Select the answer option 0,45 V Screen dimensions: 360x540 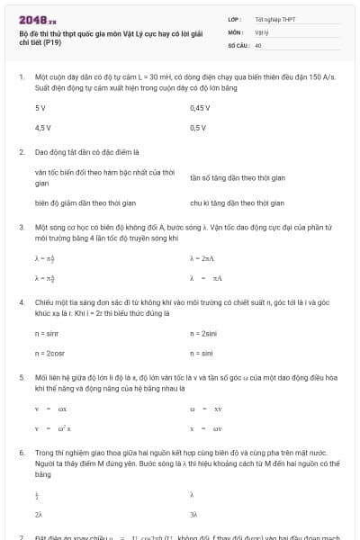pos(200,108)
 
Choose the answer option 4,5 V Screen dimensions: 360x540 pos(42,128)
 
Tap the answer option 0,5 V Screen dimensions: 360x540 pos(198,128)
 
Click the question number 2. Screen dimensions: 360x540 pos(21,152)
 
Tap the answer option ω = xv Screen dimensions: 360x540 pos(206,409)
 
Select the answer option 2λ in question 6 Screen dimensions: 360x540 pos(39,514)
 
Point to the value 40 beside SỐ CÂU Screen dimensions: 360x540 pos(258,44)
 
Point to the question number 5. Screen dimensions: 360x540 pos(21,378)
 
